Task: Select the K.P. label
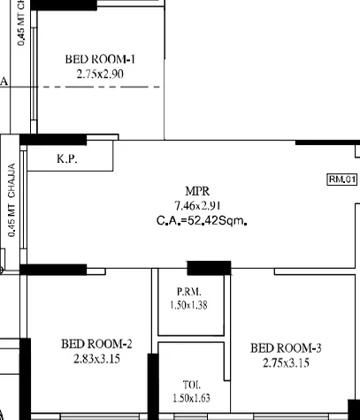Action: click(65, 159)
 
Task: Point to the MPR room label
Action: click(197, 191)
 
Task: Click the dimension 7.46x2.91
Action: click(197, 205)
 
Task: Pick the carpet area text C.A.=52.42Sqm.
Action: click(200, 220)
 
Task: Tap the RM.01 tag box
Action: click(341, 179)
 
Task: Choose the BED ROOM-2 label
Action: click(96, 344)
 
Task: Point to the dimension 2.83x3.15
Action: click(96, 359)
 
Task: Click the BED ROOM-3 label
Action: click(286, 347)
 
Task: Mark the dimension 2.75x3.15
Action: click(286, 363)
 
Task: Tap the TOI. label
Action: click(191, 385)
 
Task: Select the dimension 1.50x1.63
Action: click(191, 398)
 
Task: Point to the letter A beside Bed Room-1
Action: click(4, 81)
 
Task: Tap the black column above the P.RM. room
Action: click(209, 268)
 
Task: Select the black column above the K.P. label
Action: click(52, 140)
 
